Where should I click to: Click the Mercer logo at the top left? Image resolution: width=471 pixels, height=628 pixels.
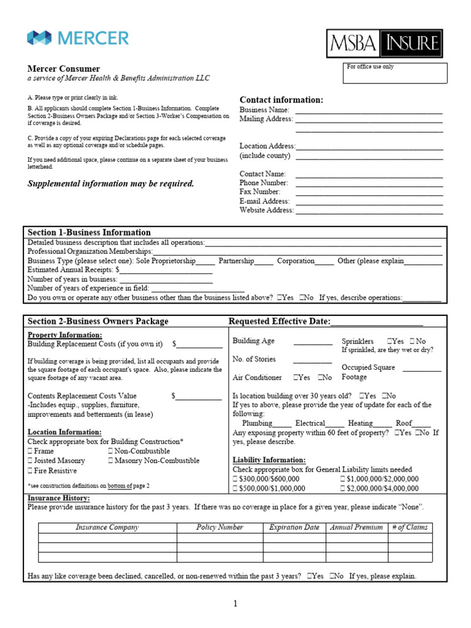78,38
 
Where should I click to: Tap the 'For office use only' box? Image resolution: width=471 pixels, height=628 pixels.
395,73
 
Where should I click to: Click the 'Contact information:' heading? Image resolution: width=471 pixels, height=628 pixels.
281,100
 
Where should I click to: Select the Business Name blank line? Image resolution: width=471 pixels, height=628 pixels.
369,110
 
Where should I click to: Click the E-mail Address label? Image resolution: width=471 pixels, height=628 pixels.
264,201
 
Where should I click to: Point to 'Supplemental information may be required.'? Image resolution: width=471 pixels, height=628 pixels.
111,184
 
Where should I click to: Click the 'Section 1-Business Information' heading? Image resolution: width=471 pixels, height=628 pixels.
89,232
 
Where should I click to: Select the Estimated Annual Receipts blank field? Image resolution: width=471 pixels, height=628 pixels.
166,270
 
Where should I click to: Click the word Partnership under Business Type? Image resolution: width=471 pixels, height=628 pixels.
236,261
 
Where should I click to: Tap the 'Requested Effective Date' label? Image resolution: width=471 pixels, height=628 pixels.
279,321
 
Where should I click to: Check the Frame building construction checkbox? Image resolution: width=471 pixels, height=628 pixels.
30,451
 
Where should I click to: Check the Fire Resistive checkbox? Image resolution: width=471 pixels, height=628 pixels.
30,471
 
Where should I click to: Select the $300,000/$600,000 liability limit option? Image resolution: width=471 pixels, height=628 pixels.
235,479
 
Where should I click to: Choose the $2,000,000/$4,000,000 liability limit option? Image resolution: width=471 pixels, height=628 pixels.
342,489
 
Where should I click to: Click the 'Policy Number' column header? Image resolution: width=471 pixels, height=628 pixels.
220,527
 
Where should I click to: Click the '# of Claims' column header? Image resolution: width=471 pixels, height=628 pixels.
410,527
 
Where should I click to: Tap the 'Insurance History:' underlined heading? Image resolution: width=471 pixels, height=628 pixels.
58,498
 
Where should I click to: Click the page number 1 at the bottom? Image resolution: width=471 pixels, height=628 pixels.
235,604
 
